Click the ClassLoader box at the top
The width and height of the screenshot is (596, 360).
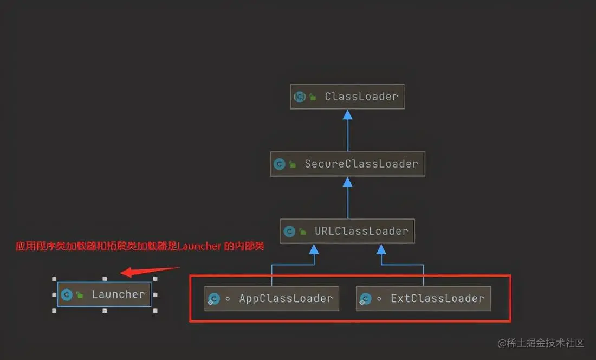tap(347, 97)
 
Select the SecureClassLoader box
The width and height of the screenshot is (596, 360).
tap(347, 164)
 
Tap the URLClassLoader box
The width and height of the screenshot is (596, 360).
tap(347, 231)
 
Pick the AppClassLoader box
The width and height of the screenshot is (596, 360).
tap(271, 298)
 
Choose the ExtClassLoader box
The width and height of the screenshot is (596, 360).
tap(423, 298)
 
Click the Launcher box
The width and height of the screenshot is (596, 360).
tap(104, 294)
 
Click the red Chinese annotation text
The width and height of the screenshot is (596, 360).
tap(140, 246)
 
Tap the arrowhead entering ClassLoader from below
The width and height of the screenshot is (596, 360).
tap(347, 114)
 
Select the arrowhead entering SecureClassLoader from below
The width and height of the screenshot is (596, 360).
tap(347, 182)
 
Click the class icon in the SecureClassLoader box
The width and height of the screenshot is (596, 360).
tap(280, 164)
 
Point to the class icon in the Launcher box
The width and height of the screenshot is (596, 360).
tap(67, 294)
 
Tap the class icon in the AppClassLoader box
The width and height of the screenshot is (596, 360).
tap(214, 299)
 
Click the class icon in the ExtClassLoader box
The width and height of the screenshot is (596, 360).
tap(366, 299)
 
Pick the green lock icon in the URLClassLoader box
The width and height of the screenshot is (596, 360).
tap(302, 232)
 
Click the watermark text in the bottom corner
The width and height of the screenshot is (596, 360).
tap(541, 343)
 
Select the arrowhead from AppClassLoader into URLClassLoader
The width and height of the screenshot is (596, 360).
tap(313, 249)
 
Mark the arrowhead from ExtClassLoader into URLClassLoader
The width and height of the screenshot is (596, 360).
tap(381, 249)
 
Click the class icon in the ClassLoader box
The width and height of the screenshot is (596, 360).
tap(300, 97)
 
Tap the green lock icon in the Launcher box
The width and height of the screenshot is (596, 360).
tap(80, 295)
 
